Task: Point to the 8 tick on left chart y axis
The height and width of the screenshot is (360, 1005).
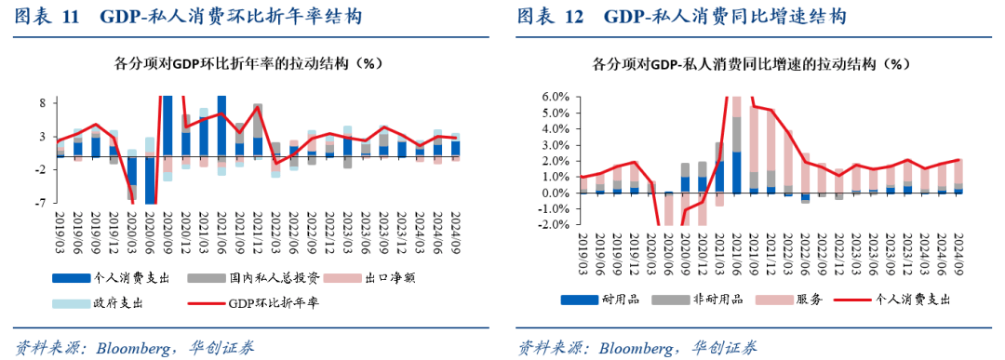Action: click(x=43, y=102)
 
